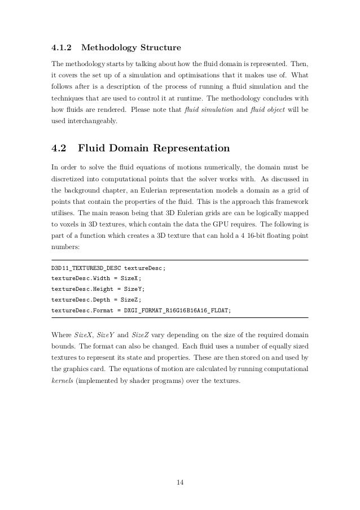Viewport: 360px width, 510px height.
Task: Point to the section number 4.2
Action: [x=59, y=149]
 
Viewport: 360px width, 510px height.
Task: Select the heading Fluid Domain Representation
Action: [x=153, y=149]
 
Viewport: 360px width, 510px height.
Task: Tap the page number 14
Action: [x=179, y=482]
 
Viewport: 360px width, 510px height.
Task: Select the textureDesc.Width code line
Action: [x=96, y=278]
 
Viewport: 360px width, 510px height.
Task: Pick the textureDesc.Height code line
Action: [x=98, y=289]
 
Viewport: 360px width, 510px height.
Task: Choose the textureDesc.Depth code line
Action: [x=96, y=299]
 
